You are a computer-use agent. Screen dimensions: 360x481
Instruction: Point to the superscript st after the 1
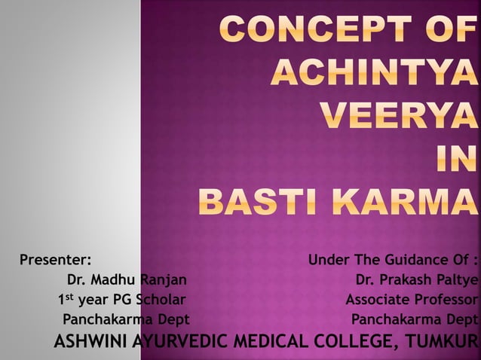click(71, 297)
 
